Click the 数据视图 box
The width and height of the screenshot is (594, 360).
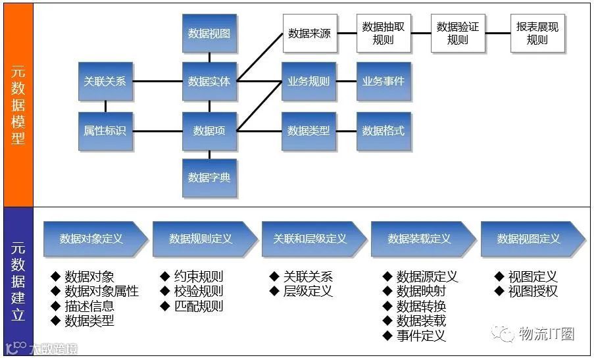pyautogui.click(x=209, y=33)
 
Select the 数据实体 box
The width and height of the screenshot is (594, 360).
pyautogui.click(x=209, y=82)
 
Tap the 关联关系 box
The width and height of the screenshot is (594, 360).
pyautogui.click(x=105, y=82)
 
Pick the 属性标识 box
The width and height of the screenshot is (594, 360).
pyautogui.click(x=105, y=130)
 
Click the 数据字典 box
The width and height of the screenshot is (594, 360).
pyautogui.click(x=209, y=178)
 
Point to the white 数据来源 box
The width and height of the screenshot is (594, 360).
pyautogui.click(x=309, y=34)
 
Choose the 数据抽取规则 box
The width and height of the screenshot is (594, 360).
pyautogui.click(x=384, y=34)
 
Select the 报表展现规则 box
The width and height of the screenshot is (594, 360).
pyautogui.click(x=537, y=34)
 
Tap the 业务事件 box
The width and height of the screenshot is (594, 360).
pyautogui.click(x=384, y=82)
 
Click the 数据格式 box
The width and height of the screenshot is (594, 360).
pyautogui.click(x=384, y=130)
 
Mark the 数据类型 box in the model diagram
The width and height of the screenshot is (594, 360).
pyautogui.click(x=309, y=130)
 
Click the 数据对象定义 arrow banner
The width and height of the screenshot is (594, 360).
pyautogui.click(x=92, y=239)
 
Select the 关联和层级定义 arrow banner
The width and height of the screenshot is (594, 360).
pyautogui.click(x=310, y=239)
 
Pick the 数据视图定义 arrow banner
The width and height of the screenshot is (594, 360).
pyautogui.click(x=530, y=239)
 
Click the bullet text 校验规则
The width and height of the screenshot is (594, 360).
pyautogui.click(x=198, y=292)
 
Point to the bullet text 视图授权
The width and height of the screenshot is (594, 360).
pyautogui.click(x=533, y=292)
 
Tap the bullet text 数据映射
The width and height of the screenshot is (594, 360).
pyautogui.click(x=421, y=292)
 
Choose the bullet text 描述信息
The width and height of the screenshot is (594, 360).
pyautogui.click(x=89, y=306)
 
